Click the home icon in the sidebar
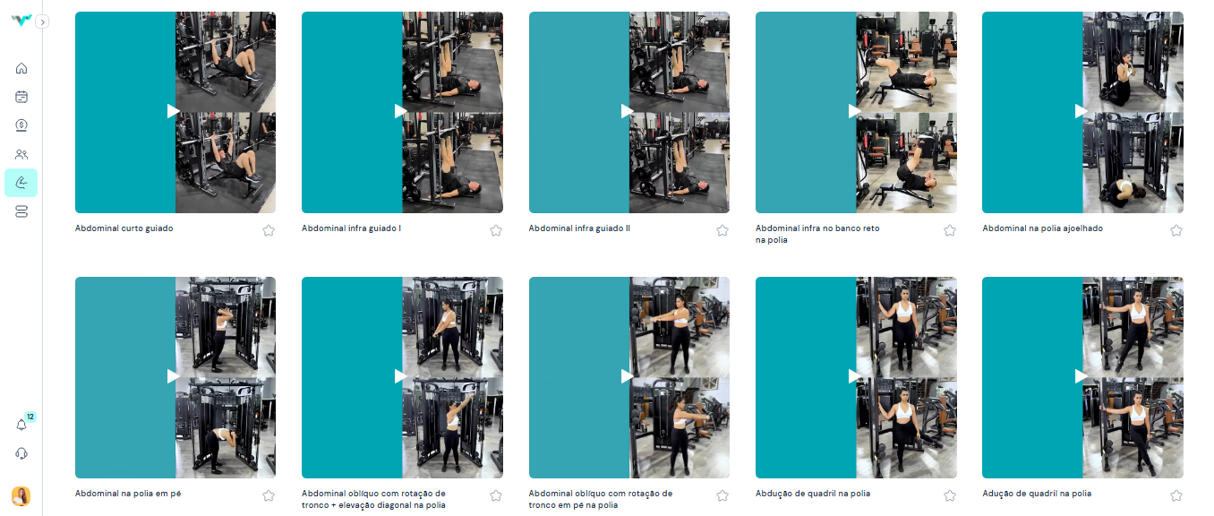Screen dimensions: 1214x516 21,68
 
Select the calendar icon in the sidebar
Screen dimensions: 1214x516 21,97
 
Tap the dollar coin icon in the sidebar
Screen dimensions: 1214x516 21,125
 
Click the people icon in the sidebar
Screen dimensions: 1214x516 21,154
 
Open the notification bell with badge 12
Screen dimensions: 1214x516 21,425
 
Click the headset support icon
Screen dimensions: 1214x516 21,453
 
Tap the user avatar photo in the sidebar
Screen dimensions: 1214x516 21,496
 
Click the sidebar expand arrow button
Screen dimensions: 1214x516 42,22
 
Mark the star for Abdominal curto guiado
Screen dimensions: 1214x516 269,230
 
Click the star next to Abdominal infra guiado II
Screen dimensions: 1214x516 722,230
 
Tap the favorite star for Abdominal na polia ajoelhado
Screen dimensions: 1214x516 1176,230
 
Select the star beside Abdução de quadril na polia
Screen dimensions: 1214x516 950,495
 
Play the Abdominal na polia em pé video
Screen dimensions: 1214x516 173,376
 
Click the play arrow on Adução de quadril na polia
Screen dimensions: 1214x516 1081,376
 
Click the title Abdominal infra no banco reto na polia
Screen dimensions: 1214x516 817,234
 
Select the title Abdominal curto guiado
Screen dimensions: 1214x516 124,228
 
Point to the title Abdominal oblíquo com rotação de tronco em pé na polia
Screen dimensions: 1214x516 601,499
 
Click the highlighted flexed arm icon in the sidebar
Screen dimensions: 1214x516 21,183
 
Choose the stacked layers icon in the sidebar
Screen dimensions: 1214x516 21,211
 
